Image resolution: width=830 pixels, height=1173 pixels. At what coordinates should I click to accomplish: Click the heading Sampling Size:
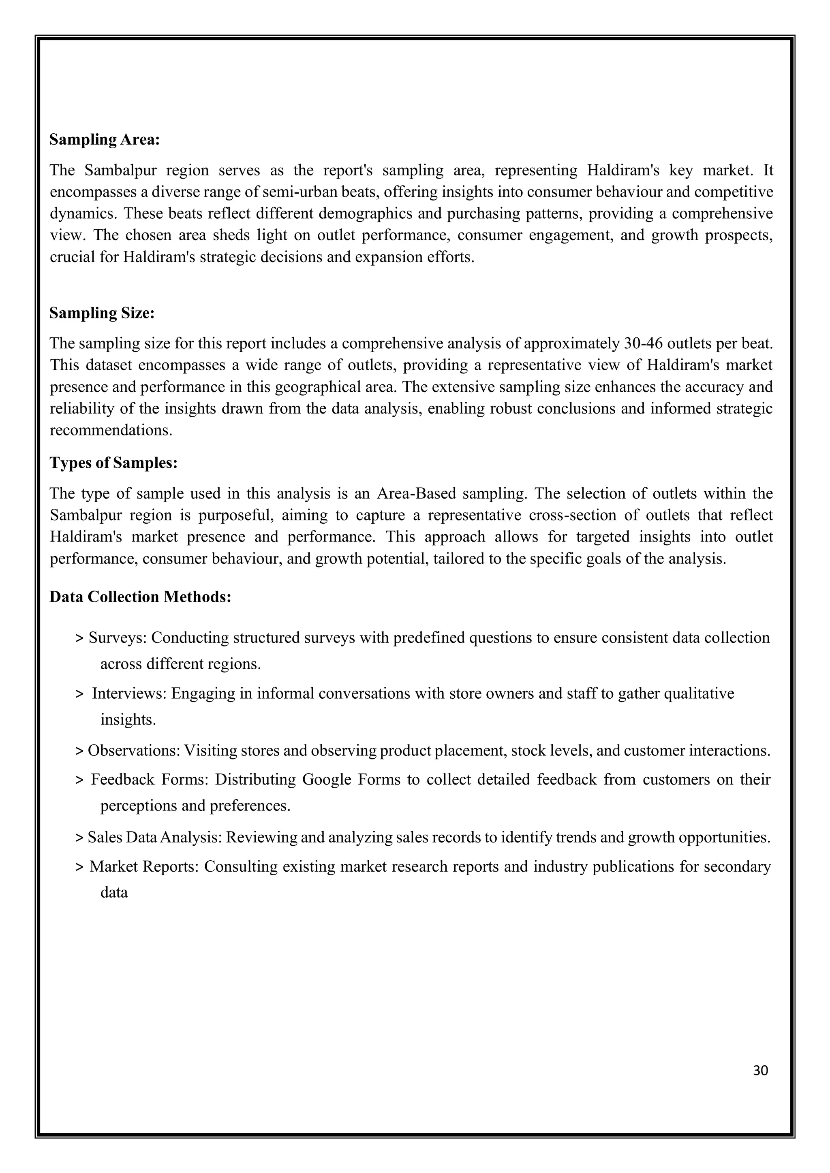click(x=102, y=313)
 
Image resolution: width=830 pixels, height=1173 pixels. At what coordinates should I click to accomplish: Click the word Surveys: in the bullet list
click(x=118, y=638)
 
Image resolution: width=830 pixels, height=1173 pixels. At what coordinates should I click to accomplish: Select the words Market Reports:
click(x=143, y=866)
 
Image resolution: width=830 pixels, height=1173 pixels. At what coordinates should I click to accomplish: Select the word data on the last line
click(x=113, y=893)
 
